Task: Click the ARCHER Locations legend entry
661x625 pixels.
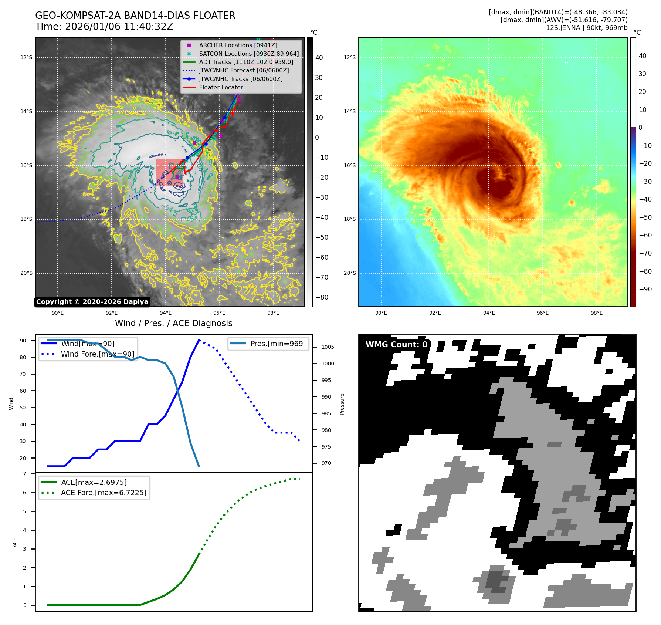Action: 238,45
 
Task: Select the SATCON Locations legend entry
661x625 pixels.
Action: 248,54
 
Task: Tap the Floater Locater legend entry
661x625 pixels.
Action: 221,87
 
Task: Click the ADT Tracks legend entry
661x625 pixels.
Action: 246,62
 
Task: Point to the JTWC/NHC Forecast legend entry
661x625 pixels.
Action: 244,70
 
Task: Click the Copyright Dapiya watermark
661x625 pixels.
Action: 92,302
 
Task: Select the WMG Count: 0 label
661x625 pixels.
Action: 396,344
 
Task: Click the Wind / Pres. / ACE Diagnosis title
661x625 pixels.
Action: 173,323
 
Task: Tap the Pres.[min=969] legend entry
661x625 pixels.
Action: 278,344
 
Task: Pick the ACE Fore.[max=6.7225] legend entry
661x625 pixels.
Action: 104,493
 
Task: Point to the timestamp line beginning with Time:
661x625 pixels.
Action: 104,27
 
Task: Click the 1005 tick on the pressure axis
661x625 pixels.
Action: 328,347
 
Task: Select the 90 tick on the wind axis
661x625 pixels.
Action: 23,341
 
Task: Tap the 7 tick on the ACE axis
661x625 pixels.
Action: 25,474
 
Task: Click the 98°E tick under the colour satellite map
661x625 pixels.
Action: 596,313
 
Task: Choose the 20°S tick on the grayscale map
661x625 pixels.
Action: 26,273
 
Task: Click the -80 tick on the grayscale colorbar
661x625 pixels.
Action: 321,297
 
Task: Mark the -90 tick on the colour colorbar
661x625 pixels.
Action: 645,289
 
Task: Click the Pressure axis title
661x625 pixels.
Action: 342,404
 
